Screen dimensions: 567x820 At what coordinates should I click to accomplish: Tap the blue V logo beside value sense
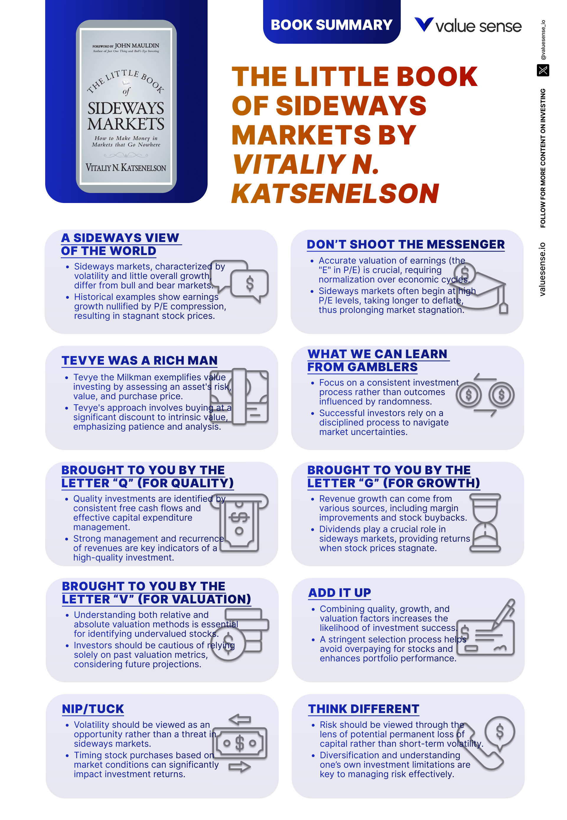(x=424, y=24)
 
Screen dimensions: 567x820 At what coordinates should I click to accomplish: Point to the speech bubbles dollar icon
(x=240, y=281)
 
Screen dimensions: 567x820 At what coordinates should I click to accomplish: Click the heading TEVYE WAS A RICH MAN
(x=139, y=361)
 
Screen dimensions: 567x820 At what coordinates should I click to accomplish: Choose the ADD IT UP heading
(x=340, y=592)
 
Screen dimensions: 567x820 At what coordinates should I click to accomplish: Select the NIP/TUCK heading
(x=93, y=709)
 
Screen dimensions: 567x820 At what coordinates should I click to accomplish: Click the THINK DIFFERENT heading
(x=364, y=709)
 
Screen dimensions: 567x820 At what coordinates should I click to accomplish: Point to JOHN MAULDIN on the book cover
(x=137, y=46)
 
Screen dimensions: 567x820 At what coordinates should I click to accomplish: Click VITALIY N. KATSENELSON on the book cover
(x=126, y=168)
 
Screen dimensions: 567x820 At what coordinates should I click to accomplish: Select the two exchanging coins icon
(x=485, y=394)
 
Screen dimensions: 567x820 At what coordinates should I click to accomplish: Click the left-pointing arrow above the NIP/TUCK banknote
(x=240, y=720)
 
